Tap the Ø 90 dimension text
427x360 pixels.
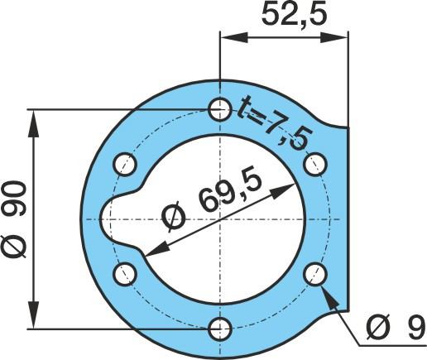(x=14, y=219)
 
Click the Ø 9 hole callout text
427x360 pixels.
(x=396, y=328)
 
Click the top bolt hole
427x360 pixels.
(x=219, y=109)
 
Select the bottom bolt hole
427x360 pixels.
(x=219, y=329)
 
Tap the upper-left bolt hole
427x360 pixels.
(x=125, y=165)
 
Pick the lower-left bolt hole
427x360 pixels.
(x=125, y=274)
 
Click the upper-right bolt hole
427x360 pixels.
(x=315, y=165)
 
